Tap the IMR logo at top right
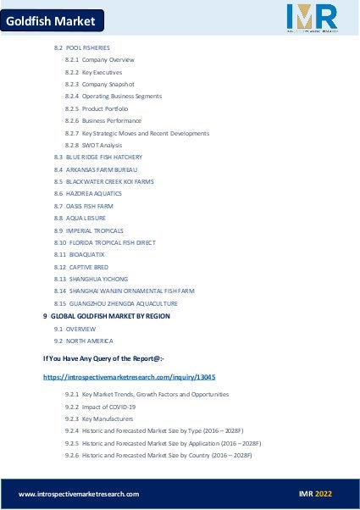[x=311, y=19]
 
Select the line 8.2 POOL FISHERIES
[x=81, y=47]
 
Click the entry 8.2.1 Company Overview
[x=99, y=60]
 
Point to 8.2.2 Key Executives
[x=93, y=72]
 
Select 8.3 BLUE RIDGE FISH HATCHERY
[x=97, y=158]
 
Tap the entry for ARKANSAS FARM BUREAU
[x=95, y=169]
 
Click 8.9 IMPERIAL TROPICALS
[x=88, y=230]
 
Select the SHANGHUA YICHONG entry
[x=91, y=279]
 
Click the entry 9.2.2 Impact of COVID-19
[x=100, y=407]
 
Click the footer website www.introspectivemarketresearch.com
[x=79, y=494]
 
